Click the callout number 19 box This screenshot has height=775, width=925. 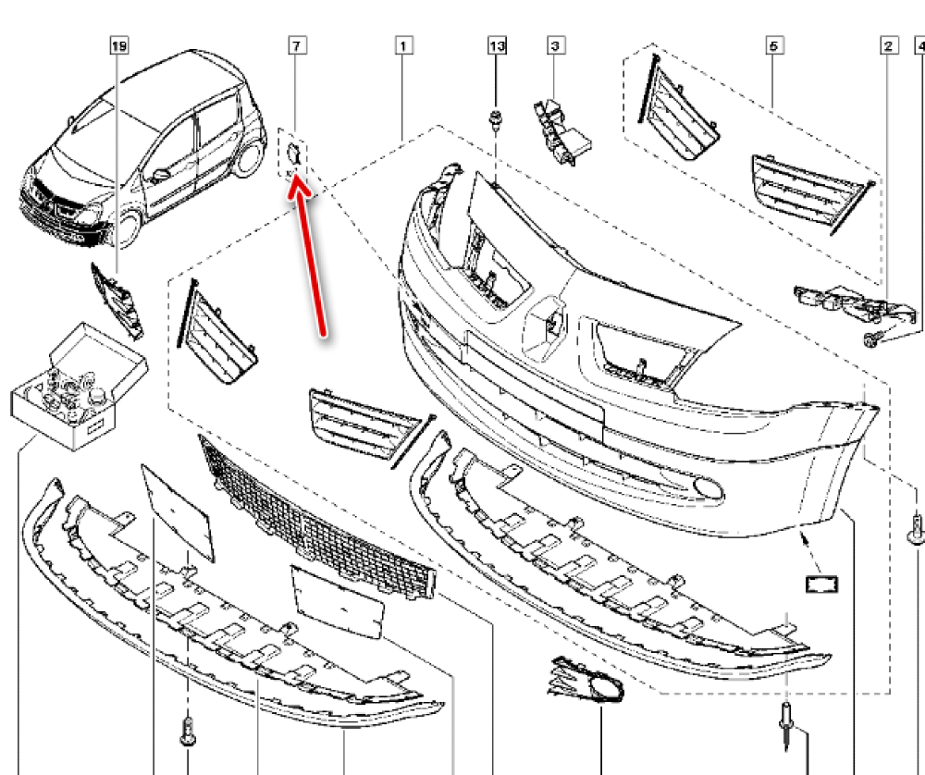[x=117, y=44]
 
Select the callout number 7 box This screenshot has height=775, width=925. [x=296, y=44]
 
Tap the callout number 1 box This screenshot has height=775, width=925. [x=403, y=44]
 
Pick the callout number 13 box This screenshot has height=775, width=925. [x=497, y=44]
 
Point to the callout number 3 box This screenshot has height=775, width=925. [x=555, y=44]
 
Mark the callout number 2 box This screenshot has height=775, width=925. [x=888, y=44]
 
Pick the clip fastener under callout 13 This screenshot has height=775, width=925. [x=497, y=119]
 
